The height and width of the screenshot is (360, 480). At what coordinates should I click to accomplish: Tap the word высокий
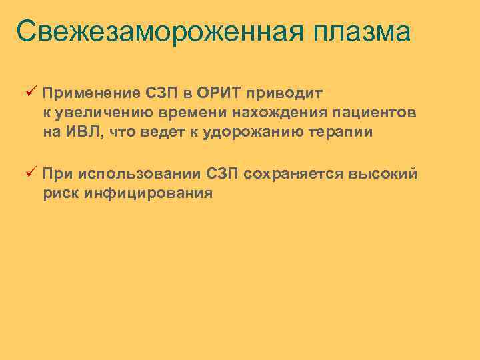pyautogui.click(x=383, y=174)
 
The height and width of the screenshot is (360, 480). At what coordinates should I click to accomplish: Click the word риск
pyautogui.click(x=60, y=194)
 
